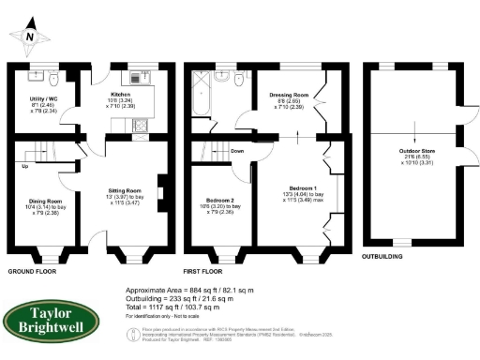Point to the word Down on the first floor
pos(237,151)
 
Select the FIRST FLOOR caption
pos(206,270)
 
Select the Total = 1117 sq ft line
pos(180,307)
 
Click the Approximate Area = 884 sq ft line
pos(191,292)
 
